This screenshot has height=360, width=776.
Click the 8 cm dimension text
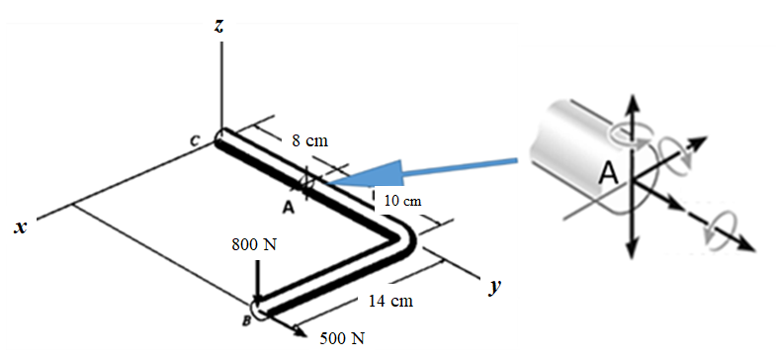pos(309,140)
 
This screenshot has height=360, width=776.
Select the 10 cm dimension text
pos(402,201)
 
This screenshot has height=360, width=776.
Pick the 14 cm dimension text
pos(386,301)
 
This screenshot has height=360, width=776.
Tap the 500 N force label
pos(343,339)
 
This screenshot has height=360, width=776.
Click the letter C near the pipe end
pos(198,144)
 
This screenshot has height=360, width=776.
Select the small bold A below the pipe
pos(288,207)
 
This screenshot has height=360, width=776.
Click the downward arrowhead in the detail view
pos(634,247)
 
